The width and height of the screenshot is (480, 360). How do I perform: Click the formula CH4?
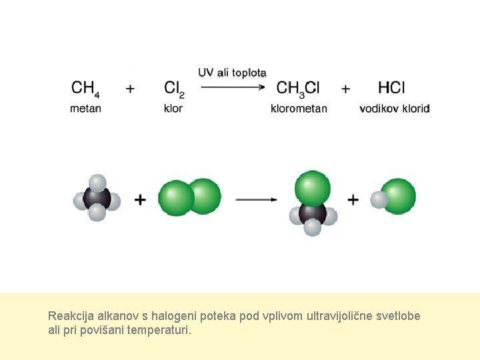click(85, 88)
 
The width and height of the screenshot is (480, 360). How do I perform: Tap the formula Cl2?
click(173, 88)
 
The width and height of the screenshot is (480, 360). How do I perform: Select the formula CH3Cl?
click(298, 88)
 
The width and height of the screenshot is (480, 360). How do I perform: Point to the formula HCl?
click(391, 87)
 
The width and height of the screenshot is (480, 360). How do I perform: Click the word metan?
click(85, 108)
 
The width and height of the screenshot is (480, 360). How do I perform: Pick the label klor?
click(173, 108)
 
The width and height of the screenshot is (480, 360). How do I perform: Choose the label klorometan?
click(299, 108)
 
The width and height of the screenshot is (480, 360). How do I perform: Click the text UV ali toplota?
click(232, 72)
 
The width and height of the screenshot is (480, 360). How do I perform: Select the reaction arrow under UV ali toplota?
click(233, 85)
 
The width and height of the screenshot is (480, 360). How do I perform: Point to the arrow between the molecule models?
click(256, 199)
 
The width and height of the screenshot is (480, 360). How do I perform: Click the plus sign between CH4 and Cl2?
click(130, 87)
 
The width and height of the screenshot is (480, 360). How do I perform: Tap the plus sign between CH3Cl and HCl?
click(345, 87)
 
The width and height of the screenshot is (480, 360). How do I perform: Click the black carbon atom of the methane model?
click(96, 198)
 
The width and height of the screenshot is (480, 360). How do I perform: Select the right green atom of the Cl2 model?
click(204, 196)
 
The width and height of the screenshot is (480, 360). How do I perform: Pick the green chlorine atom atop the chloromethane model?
click(312, 187)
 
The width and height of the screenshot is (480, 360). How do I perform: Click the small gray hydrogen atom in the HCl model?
click(379, 199)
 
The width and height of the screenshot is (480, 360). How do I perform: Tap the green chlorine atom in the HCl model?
click(399, 196)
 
